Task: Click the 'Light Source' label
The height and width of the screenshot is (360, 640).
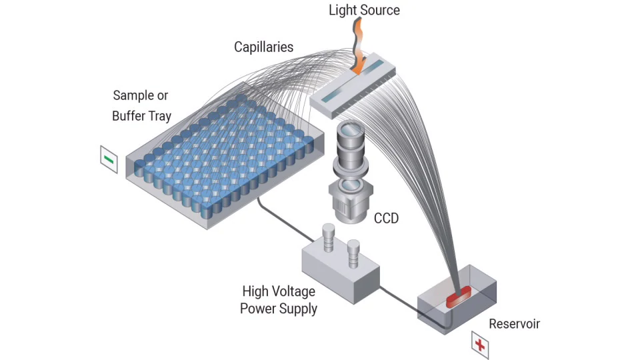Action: point(364,10)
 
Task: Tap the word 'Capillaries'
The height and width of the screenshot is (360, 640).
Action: point(263,47)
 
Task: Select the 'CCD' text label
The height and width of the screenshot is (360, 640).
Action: point(386,218)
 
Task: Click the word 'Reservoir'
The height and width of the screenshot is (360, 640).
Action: point(514,324)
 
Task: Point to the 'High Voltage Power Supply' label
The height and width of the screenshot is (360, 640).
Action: point(279,300)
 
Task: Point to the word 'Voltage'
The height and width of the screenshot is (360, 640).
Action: point(293,291)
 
